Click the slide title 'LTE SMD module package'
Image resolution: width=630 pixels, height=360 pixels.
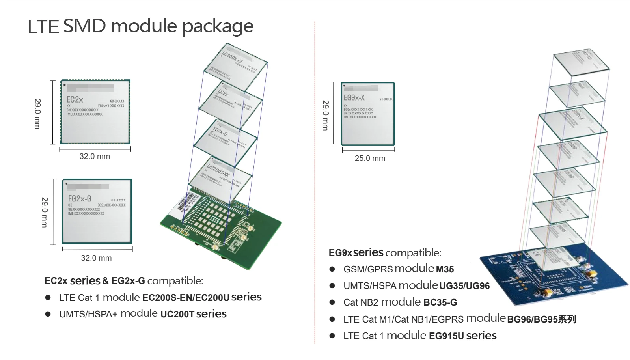[140, 26]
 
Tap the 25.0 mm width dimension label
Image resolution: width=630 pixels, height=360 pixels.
[370, 159]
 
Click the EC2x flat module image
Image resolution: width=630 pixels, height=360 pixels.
[95, 112]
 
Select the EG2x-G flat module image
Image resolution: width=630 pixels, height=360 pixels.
[97, 211]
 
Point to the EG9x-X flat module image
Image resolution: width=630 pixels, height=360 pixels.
[367, 114]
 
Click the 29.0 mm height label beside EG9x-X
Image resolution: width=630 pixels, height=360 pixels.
[326, 115]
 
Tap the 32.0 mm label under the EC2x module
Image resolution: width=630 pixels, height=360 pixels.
[95, 157]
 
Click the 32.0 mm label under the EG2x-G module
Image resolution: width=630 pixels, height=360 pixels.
[96, 258]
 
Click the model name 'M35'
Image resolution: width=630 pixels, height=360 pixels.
[445, 270]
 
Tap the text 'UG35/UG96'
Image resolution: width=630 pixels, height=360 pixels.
[464, 286]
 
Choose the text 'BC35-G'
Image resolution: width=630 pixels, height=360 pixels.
[440, 303]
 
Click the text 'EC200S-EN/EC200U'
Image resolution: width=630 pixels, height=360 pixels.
[186, 298]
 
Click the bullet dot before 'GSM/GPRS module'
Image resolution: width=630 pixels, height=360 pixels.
[332, 269]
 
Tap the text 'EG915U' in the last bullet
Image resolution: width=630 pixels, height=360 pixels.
[446, 336]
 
